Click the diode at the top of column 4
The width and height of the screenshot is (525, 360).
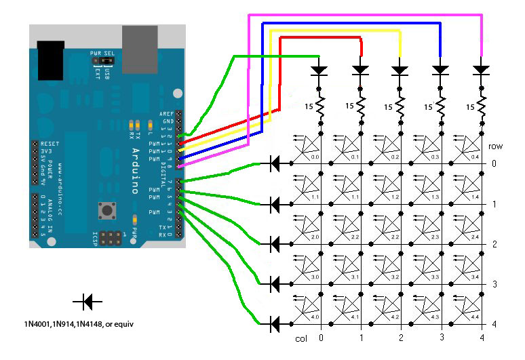(481, 70)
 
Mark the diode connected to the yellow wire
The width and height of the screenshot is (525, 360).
(400, 70)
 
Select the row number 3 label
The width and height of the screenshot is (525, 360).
(495, 284)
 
